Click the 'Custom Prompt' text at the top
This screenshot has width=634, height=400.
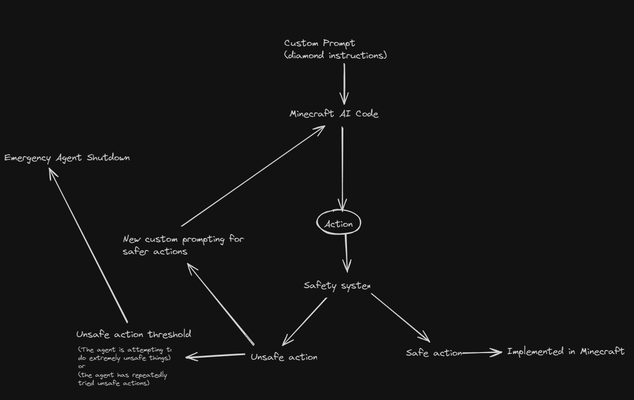coord(320,43)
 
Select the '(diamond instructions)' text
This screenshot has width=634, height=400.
coord(335,55)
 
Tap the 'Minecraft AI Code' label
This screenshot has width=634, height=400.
coord(334,114)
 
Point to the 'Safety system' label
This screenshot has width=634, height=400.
coord(337,286)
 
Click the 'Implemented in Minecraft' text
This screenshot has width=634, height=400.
coord(566,352)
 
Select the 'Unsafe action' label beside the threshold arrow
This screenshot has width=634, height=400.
coord(284,357)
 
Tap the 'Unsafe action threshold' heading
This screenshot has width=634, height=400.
coord(134,335)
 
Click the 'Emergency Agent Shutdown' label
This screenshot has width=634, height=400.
coord(67,158)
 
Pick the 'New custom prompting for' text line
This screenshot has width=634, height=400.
coord(183,239)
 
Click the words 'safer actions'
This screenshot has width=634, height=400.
coord(155,252)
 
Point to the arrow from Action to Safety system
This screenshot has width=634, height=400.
coord(346,253)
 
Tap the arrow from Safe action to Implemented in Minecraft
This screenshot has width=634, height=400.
coord(481,353)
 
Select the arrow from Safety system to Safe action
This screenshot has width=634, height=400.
coord(400,317)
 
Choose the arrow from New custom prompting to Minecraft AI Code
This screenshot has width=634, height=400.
coord(253,175)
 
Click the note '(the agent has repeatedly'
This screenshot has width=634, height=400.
coord(123,375)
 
